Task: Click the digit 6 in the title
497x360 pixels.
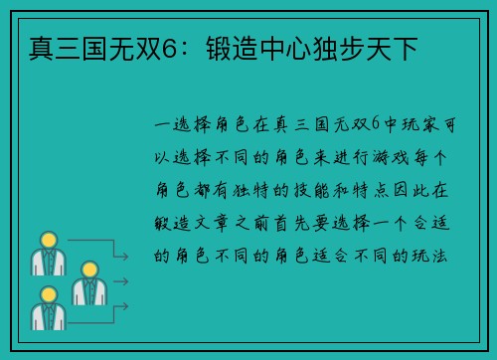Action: coord(197,47)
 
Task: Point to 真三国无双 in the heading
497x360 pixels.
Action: coord(104,47)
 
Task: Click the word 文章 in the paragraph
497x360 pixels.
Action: coord(233,222)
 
